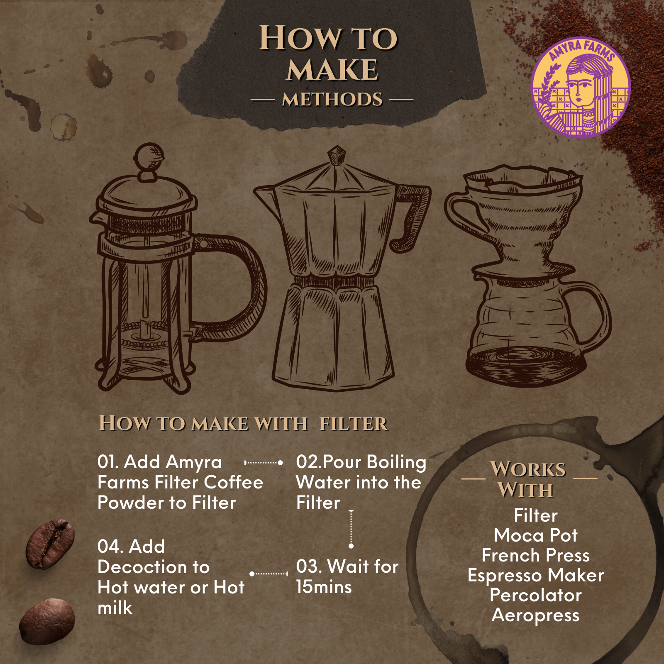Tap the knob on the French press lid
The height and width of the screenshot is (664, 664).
[x=149, y=157]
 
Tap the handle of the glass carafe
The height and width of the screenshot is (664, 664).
[x=591, y=315]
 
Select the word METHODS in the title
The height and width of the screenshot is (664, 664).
[x=332, y=100]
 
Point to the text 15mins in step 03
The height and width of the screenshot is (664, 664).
[x=324, y=587]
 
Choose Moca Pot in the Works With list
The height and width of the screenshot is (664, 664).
[x=535, y=535]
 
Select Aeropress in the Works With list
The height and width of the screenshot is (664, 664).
[x=535, y=616]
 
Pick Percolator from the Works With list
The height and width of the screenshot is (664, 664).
[x=535, y=595]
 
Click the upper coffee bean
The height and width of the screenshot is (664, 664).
[x=50, y=544]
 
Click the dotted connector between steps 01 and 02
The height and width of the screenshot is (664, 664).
[x=264, y=462]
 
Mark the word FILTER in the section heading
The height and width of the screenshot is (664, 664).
[x=354, y=424]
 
